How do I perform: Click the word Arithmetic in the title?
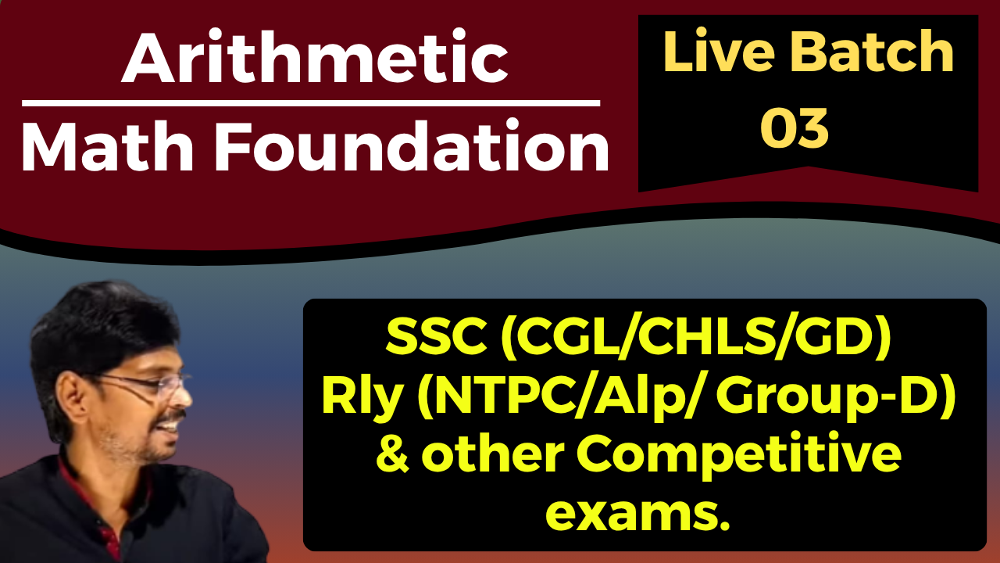(315, 60)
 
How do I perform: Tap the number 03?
(795, 128)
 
